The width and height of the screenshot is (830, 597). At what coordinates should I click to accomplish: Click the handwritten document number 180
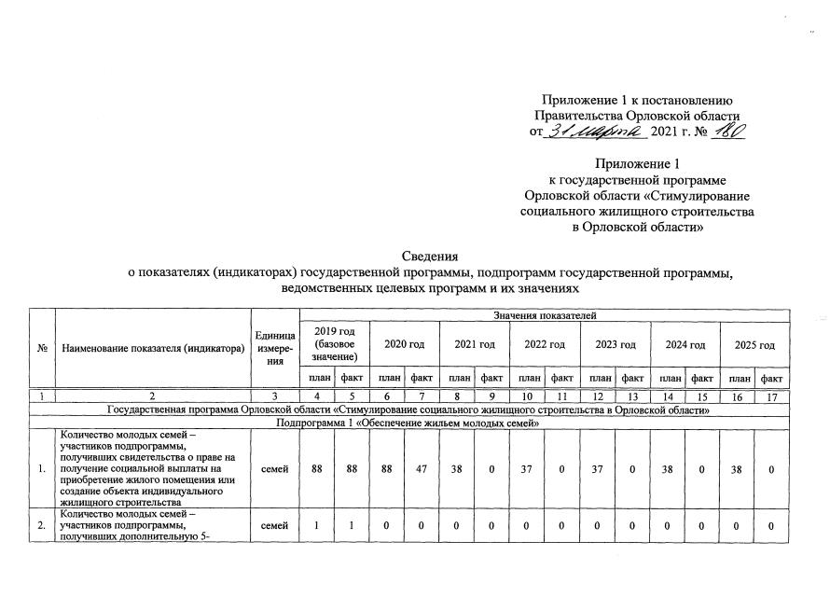(727, 132)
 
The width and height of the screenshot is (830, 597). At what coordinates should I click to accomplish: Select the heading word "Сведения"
(430, 256)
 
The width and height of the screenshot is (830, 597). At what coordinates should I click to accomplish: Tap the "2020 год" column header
(405, 345)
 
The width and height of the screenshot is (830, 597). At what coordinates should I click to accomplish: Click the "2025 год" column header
(754, 345)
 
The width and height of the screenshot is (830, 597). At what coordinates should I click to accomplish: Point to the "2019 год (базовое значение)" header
(335, 345)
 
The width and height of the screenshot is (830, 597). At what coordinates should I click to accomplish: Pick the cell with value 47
(422, 468)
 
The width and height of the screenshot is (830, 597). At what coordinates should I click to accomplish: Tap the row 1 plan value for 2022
(528, 468)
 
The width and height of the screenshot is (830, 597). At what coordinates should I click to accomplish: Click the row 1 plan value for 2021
(457, 468)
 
